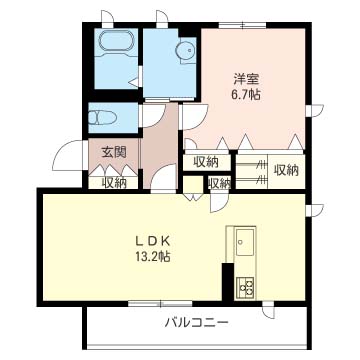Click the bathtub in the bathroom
(x=116, y=41)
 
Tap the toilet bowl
(x=102, y=118)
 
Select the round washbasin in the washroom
(x=186, y=51)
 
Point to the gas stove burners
(x=245, y=288)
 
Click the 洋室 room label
(x=247, y=80)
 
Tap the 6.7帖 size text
(x=247, y=96)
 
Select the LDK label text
(x=154, y=240)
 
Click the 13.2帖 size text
(x=154, y=256)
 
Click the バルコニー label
(x=197, y=323)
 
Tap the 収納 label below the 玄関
(x=114, y=183)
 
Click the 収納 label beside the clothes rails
(x=286, y=171)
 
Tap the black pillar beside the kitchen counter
(x=228, y=281)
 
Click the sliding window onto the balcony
(x=160, y=303)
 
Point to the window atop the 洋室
(x=243, y=25)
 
